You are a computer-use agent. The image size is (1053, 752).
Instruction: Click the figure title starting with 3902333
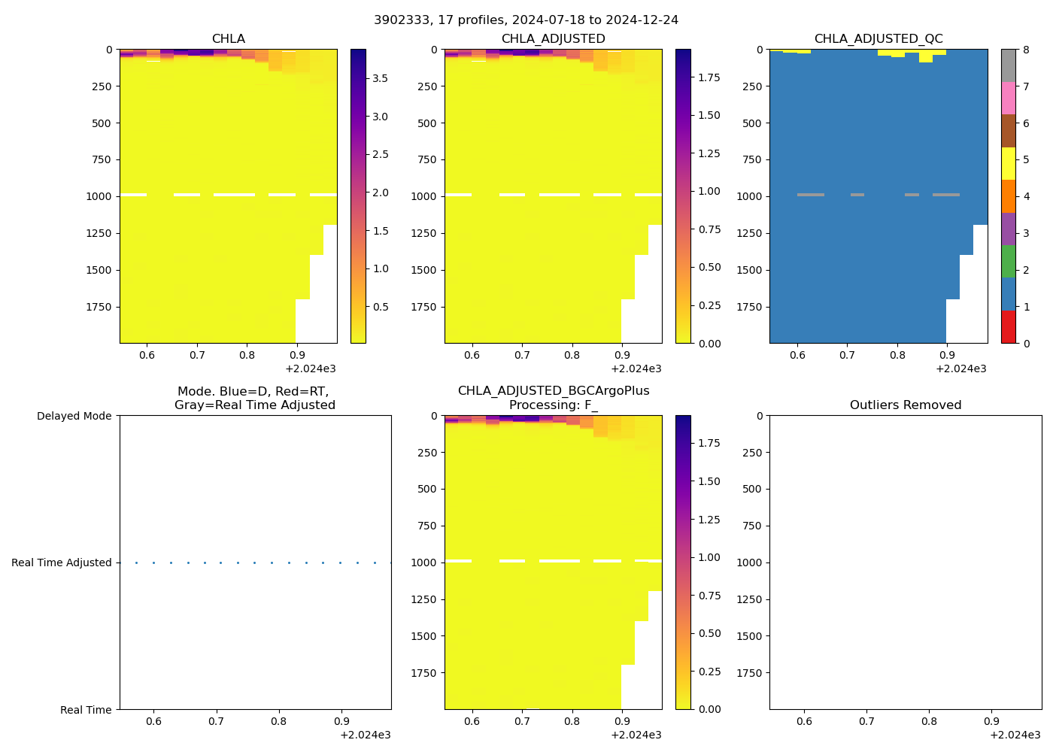(x=526, y=20)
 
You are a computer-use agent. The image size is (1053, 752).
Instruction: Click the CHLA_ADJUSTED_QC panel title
(x=878, y=39)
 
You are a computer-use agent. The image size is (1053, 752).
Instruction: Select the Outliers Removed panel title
(x=905, y=405)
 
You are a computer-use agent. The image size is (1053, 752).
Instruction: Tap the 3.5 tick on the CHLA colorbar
(x=381, y=78)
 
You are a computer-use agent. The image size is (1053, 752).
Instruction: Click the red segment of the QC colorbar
(x=1008, y=327)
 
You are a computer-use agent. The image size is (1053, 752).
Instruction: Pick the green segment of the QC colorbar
(x=1008, y=261)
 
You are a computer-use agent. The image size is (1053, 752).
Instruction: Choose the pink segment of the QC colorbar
(x=1008, y=98)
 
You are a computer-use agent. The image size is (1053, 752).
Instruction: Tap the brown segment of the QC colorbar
(x=1008, y=131)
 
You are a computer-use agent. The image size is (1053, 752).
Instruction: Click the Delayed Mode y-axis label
(x=74, y=416)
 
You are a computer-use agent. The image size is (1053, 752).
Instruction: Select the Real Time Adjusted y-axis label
(x=61, y=562)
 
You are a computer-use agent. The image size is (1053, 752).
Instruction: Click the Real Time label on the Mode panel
(x=86, y=710)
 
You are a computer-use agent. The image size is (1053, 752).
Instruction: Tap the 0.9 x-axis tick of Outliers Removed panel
(x=992, y=721)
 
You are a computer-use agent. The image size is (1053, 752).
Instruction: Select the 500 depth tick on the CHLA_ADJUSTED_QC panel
(x=752, y=123)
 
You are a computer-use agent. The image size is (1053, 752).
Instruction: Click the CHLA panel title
(x=228, y=39)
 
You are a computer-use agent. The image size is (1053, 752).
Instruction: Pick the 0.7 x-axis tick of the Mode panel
(x=216, y=721)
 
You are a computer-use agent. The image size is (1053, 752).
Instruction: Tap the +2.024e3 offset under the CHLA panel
(x=310, y=368)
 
